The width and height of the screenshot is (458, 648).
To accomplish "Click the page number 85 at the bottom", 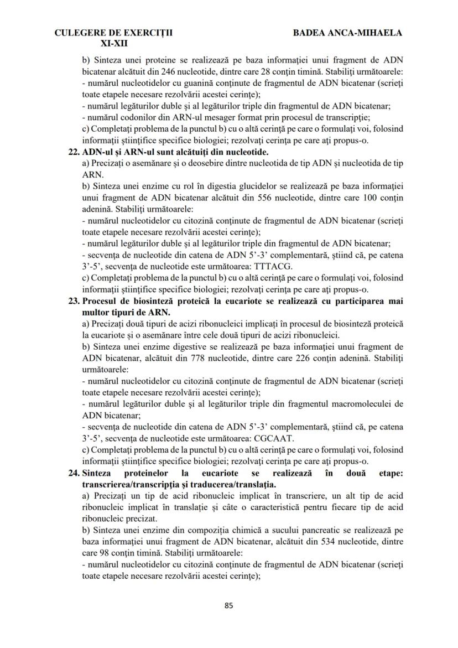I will pyautogui.click(x=228, y=605).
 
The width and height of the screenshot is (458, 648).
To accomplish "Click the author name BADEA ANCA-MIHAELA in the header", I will pyautogui.click(x=347, y=33).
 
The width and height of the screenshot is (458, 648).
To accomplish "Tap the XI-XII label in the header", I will pyautogui.click(x=113, y=43).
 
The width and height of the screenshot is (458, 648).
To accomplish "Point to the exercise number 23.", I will pyautogui.click(x=74, y=301).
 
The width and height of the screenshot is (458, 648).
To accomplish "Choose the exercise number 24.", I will pyautogui.click(x=74, y=474).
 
